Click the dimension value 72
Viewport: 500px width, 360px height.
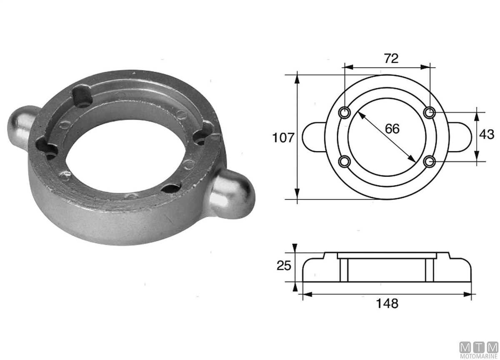click(391, 58)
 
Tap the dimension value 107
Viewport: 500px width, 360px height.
click(283, 137)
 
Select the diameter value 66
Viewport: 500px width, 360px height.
click(392, 129)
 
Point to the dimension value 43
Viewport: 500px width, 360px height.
click(487, 135)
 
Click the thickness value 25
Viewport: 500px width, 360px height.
click(284, 265)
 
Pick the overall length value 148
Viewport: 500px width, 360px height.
click(387, 303)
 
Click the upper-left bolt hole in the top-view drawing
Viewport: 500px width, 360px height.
click(345, 112)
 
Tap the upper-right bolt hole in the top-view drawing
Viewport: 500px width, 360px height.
click(429, 112)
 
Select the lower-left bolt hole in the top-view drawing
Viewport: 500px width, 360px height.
click(345, 161)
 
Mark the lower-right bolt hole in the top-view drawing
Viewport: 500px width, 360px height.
click(429, 161)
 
